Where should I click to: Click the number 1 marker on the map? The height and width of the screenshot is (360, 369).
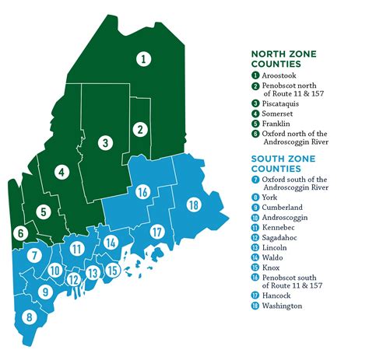point(143,57)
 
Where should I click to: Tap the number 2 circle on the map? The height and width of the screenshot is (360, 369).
point(139,129)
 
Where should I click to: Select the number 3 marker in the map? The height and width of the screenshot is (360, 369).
point(104,142)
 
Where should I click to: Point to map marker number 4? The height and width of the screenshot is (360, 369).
point(61,172)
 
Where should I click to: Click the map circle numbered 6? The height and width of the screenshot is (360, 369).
point(21,232)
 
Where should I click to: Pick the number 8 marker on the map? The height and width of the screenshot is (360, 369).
point(29,316)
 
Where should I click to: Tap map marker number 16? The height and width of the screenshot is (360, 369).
point(142,191)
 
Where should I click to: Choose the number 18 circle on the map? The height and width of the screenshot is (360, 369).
point(192,204)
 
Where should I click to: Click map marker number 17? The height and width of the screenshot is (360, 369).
point(156,231)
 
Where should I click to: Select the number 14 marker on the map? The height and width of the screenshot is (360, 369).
point(111,243)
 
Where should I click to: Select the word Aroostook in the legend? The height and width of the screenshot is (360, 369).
point(280,75)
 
